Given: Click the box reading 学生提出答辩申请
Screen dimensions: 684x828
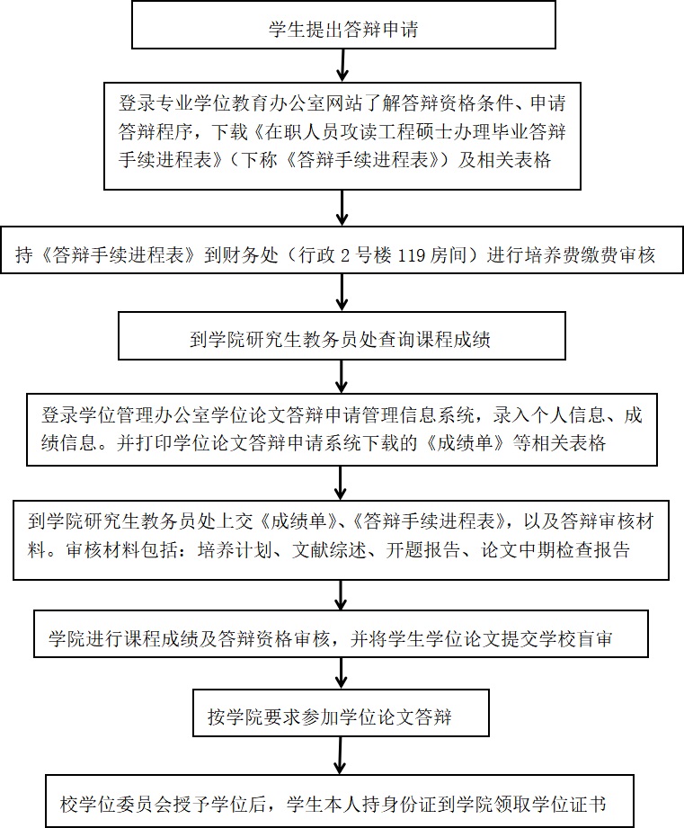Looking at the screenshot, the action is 343,25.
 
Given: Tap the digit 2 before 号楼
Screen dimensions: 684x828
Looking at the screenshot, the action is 344,255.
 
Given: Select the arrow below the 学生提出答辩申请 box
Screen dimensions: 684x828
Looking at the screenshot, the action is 343,66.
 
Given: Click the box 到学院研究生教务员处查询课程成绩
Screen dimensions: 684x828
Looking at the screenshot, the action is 342,336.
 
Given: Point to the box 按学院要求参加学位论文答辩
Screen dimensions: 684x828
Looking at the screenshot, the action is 341,712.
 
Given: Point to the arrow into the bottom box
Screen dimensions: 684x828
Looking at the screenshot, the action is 341,756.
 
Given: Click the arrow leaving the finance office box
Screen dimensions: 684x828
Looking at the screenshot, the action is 342,292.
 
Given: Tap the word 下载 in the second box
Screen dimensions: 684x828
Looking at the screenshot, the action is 229,131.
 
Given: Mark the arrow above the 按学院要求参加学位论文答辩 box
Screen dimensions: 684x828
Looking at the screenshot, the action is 341,673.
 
